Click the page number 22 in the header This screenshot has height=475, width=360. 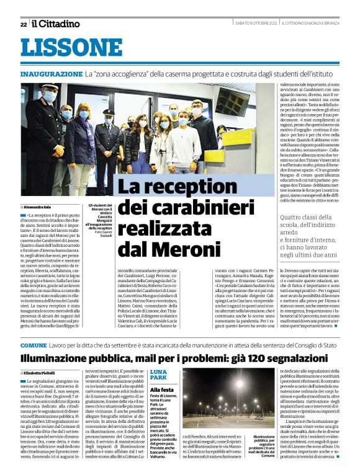[23, 24]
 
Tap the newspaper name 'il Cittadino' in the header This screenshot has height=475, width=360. [56, 24]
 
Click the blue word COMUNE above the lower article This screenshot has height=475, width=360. [33, 345]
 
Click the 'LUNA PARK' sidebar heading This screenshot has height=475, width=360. [158, 374]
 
